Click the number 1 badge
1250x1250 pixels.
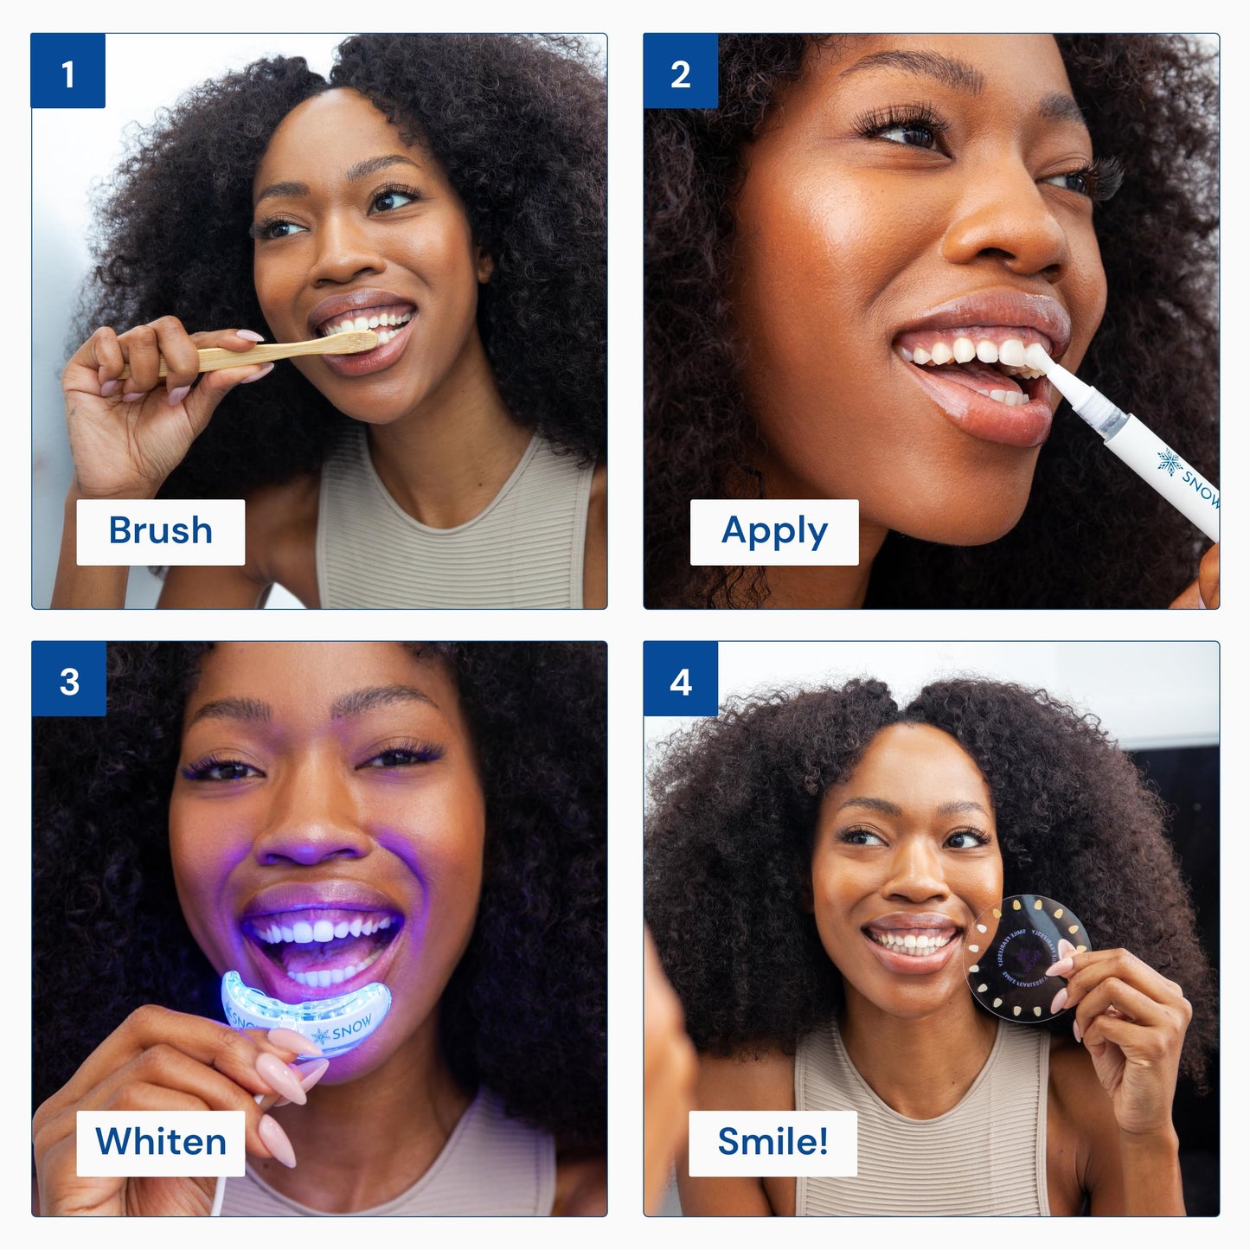coord(67,72)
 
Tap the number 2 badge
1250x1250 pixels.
coord(680,72)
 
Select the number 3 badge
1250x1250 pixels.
coord(68,680)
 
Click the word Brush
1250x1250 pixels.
coord(161,531)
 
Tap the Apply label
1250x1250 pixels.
coord(774,531)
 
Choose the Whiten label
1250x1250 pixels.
coord(161,1142)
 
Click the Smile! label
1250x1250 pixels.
coord(772,1142)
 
